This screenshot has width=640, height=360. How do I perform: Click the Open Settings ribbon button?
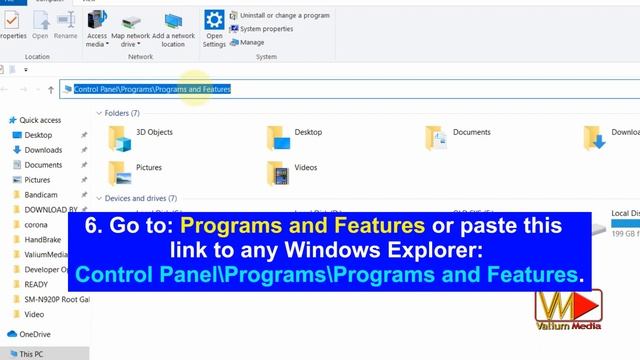(214, 28)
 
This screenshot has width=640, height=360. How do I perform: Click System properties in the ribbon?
(266, 29)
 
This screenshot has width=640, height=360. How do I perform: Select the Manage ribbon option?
(251, 42)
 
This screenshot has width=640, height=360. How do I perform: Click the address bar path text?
(152, 89)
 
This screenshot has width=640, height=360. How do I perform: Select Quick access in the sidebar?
(40, 120)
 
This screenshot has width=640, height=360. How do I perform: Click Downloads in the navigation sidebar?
(43, 150)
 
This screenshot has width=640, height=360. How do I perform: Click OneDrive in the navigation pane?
(35, 334)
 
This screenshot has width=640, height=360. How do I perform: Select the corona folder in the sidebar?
(37, 225)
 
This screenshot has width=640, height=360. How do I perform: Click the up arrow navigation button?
(51, 89)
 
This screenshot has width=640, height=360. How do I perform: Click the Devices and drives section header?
(140, 198)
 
